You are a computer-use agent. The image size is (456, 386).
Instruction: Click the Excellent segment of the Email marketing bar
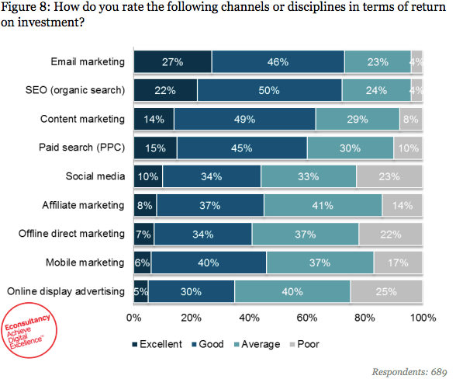point(172,61)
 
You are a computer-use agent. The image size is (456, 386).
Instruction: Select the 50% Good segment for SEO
point(269,90)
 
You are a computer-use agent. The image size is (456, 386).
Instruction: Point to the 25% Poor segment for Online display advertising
point(385,291)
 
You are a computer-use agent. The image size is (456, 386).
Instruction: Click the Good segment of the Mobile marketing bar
point(209,263)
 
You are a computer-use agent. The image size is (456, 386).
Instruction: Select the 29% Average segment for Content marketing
point(358,119)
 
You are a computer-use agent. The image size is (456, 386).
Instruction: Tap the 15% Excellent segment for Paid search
point(155,148)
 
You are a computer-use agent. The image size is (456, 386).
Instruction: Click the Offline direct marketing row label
point(67,234)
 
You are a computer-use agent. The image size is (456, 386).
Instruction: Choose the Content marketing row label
point(83,119)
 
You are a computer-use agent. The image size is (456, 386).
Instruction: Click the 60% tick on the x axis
point(307,318)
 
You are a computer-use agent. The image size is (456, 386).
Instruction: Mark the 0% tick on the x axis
point(133,318)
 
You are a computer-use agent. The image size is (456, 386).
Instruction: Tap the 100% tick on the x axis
point(423,318)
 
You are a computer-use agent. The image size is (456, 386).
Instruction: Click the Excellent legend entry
point(161,343)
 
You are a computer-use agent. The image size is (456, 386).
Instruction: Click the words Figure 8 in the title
point(31,9)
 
